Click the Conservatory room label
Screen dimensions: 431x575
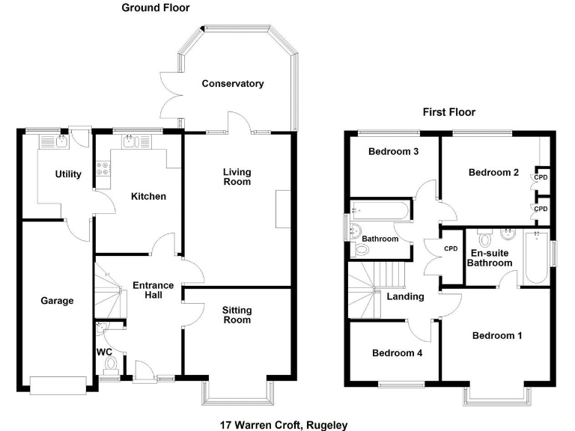(x=233, y=84)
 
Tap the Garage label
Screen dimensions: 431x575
(x=57, y=301)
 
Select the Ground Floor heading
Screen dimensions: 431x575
(x=156, y=8)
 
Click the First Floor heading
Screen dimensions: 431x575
(x=449, y=112)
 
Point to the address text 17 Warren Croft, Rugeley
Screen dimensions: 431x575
(x=284, y=424)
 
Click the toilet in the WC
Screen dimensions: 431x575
(x=111, y=364)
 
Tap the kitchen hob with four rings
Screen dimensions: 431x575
(x=101, y=174)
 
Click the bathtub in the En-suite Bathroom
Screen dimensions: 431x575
(x=536, y=258)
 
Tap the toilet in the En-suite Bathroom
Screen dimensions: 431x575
(x=484, y=239)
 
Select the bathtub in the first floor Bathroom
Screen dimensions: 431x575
(x=380, y=210)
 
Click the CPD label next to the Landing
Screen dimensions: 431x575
(x=451, y=249)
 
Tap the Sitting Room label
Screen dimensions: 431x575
(x=237, y=315)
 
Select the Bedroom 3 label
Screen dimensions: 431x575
(x=393, y=151)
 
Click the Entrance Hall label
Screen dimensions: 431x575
(x=153, y=290)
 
